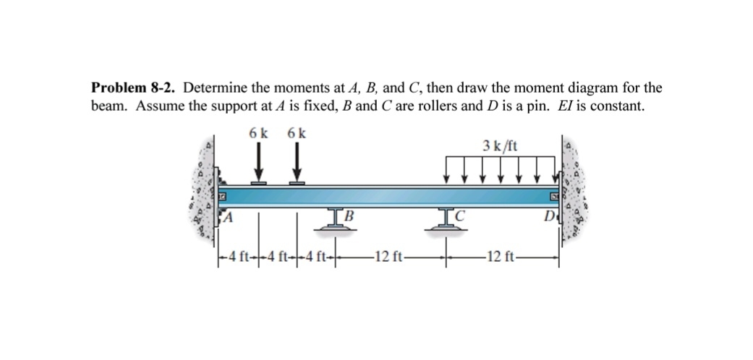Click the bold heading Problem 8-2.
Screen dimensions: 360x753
click(x=134, y=88)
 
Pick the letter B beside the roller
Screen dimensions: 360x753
click(x=348, y=214)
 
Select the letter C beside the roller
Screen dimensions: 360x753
click(x=459, y=214)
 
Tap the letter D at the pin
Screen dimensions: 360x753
click(x=550, y=216)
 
